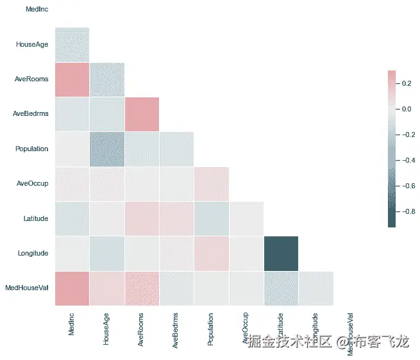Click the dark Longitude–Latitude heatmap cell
pos(281,253)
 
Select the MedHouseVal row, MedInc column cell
pos(72,288)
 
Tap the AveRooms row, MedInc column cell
pos(72,79)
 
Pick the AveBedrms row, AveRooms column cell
pos(142,114)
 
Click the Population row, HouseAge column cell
pos(106,149)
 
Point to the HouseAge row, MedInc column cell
pos(72,45)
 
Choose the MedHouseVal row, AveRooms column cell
pos(142,288)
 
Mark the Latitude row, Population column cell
pos(211,218)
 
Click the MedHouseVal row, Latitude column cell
pos(281,288)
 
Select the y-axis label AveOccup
pos(33,183)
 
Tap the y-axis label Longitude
pos(33,253)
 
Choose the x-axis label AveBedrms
pos(176,331)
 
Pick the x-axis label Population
pos(211,331)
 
